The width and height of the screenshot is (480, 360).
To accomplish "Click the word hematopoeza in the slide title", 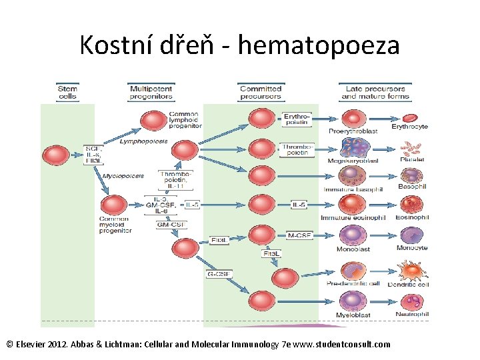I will click(319, 45).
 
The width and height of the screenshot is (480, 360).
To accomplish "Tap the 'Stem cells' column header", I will click(67, 93).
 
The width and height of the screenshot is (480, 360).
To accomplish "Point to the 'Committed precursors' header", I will click(260, 93).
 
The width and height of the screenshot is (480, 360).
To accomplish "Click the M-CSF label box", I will click(299, 235).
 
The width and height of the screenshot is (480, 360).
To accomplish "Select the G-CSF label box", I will click(219, 273).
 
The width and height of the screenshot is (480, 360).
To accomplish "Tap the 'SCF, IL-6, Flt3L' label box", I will click(92, 154).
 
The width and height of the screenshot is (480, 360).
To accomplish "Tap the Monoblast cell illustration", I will click(353, 235).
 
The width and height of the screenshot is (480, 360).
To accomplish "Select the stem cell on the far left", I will click(55, 155).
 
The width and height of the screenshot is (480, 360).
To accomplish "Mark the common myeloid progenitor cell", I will click(114, 205).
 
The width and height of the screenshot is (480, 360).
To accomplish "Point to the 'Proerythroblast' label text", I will click(353, 131).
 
